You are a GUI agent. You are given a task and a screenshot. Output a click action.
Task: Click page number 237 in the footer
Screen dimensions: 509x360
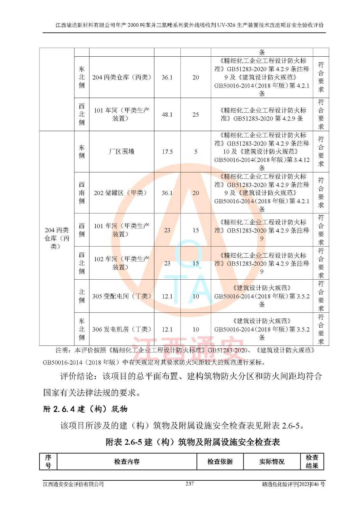coord(189,484)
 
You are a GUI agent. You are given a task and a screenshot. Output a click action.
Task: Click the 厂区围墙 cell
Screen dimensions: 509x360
coord(122,152)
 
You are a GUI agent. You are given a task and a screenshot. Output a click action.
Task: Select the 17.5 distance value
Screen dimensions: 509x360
coord(167,152)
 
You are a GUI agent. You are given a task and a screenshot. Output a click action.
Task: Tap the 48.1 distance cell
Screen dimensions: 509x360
coord(167,115)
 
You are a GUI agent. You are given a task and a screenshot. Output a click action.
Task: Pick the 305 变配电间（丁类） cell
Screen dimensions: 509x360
coord(122,296)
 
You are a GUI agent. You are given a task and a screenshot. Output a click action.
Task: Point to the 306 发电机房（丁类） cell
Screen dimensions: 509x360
coord(122,329)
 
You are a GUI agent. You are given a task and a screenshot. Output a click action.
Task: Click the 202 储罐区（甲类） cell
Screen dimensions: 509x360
coord(122,193)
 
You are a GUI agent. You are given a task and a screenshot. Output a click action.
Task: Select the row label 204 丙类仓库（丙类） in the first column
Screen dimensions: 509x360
coord(57,238)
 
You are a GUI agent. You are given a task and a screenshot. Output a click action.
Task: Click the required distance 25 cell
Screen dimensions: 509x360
coord(196,115)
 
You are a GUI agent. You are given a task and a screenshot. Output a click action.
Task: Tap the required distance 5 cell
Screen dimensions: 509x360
coord(196,152)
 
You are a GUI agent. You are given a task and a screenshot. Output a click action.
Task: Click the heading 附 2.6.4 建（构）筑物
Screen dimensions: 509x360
coord(85,409)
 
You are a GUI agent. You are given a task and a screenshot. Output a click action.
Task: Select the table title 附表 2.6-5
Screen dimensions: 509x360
coord(193,442)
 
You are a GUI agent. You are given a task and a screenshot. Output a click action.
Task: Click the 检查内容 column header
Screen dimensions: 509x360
coord(127,462)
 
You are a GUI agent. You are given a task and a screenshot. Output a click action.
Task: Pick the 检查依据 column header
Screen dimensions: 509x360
coord(220,462)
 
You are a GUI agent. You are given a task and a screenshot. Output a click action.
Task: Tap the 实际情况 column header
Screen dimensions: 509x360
coord(272,462)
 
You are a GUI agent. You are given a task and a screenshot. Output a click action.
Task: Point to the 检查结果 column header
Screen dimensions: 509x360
coord(312,462)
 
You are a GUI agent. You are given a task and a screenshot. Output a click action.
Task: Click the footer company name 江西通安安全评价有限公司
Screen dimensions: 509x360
coord(74,484)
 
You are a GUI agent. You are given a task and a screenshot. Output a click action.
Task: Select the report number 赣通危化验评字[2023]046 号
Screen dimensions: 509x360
coord(293,484)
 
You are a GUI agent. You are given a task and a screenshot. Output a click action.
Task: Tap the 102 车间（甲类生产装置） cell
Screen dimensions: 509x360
coord(122,263)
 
